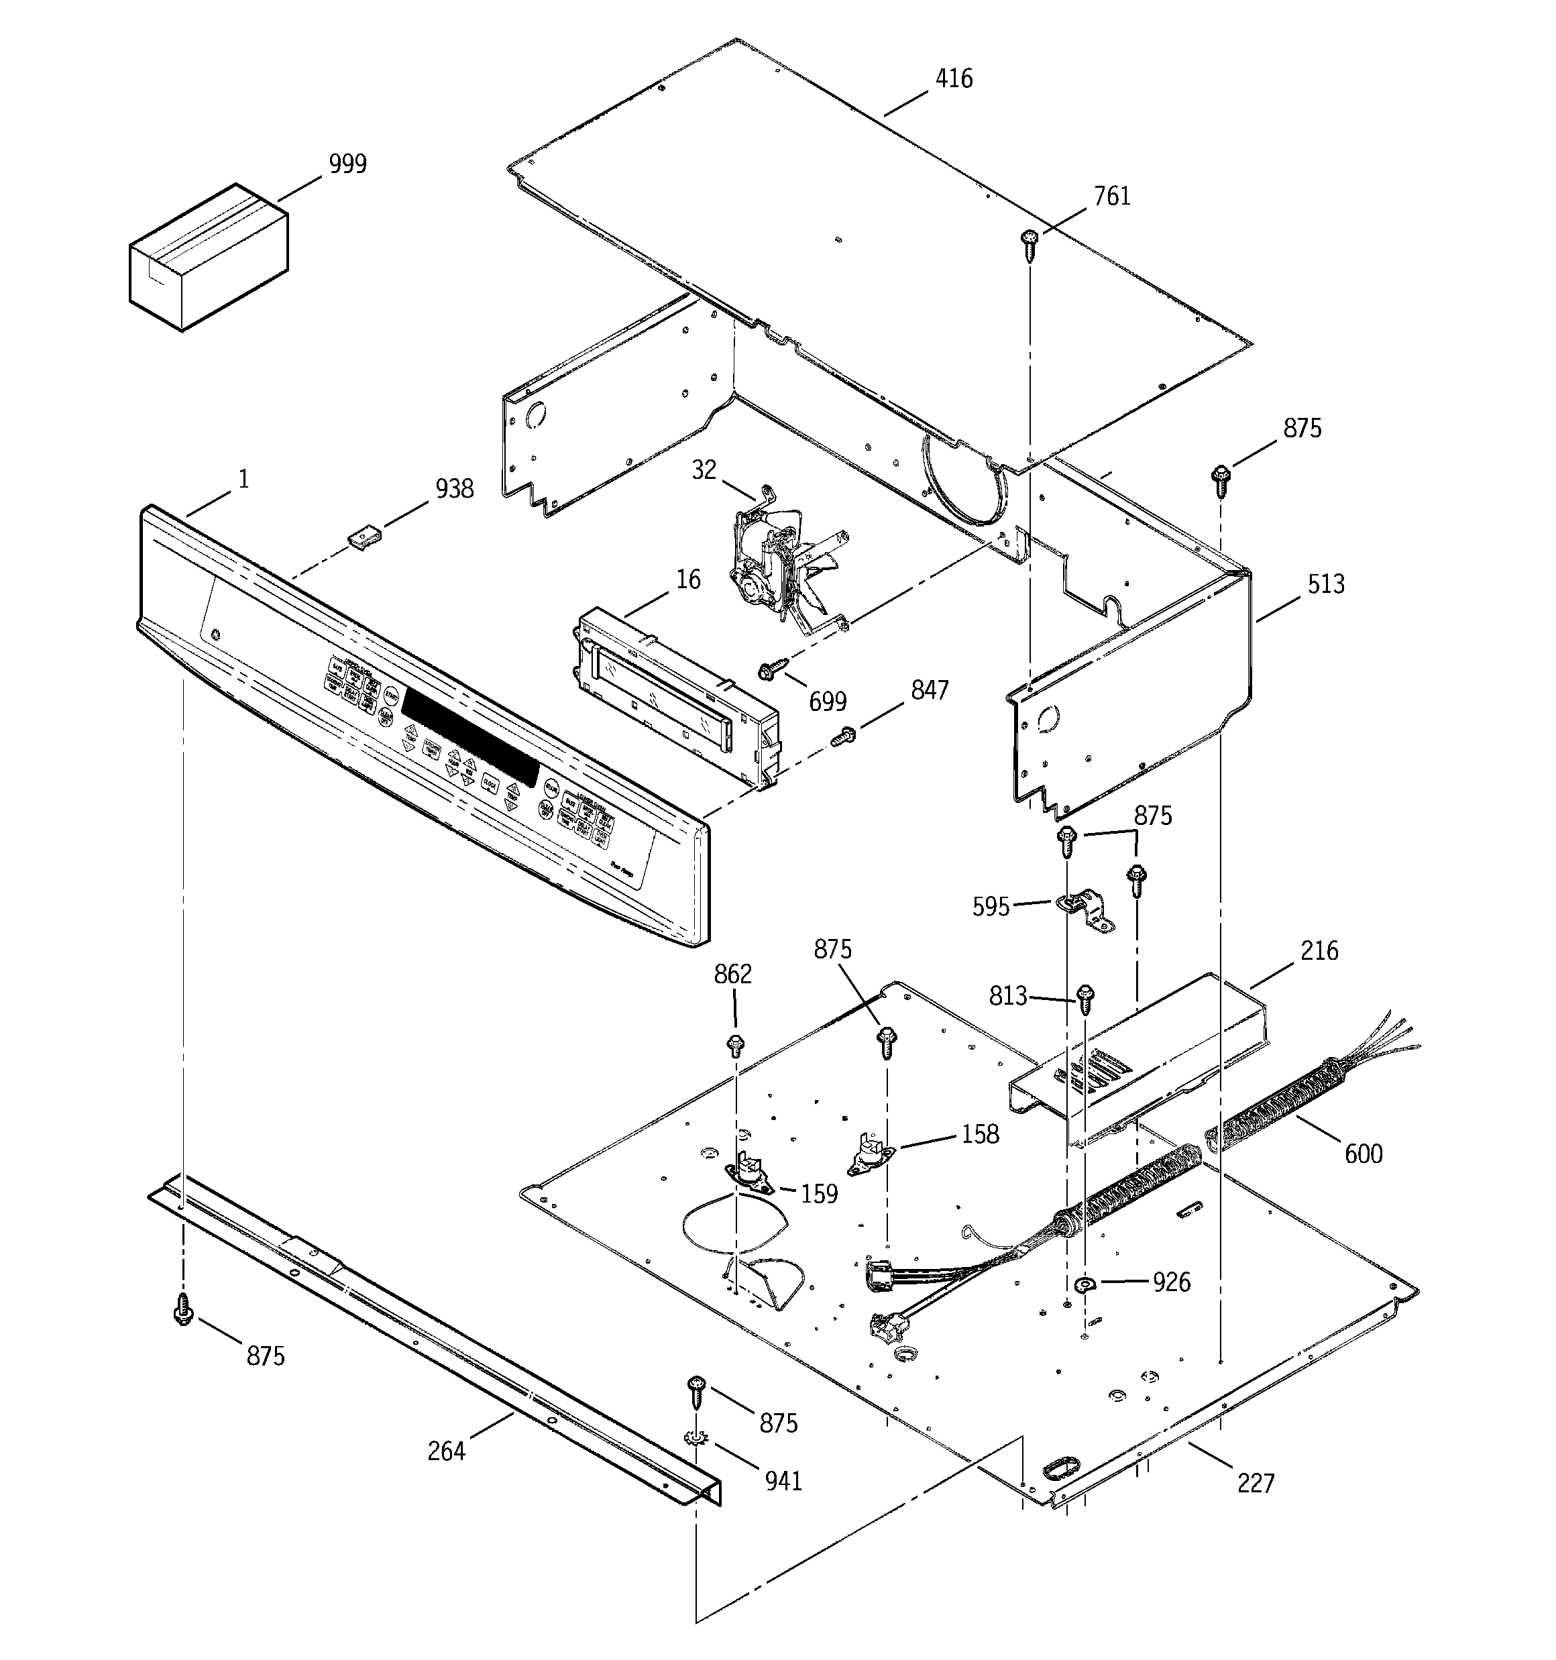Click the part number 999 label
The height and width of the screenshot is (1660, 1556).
pos(347,164)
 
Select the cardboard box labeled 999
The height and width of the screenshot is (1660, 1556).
pos(208,257)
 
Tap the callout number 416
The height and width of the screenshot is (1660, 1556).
pos(953,78)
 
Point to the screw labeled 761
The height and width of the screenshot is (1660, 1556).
pos(1029,245)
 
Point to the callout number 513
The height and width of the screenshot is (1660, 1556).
pos(1325,584)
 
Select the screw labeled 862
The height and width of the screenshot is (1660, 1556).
pos(736,1044)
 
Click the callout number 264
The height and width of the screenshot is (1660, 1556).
pos(446,1451)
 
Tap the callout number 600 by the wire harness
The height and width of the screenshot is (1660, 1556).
pos(1362,1154)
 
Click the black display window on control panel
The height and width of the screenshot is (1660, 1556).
pos(470,732)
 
